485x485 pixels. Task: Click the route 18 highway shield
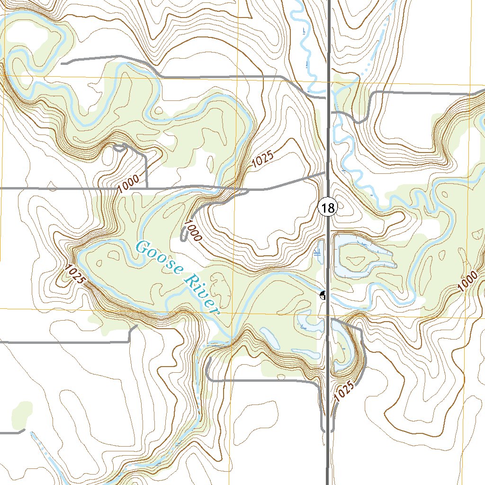[327, 207]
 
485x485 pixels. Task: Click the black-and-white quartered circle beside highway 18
[323, 296]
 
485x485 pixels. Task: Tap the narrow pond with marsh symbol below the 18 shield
[319, 251]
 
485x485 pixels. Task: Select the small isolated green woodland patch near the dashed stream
[21, 412]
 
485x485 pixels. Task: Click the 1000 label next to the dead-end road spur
[193, 230]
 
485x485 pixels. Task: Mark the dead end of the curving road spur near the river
[184, 240]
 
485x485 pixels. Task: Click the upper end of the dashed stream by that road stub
[31, 433]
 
